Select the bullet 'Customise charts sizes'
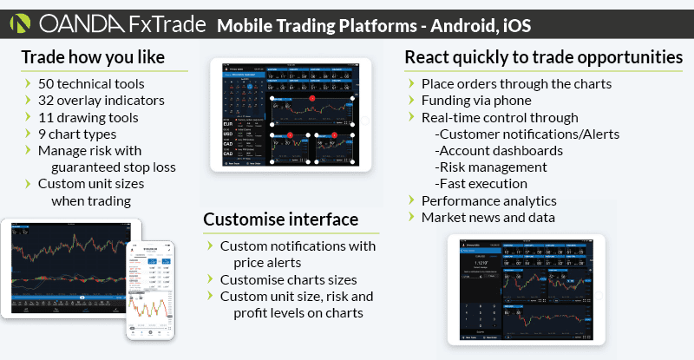289,279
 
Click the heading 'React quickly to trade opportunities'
543,58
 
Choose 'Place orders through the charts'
528,84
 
